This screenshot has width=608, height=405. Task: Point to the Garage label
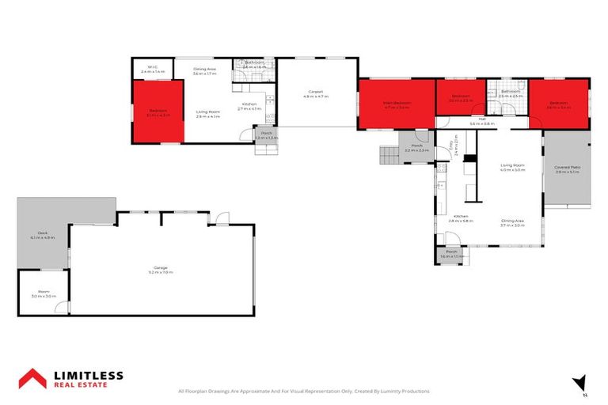(159, 270)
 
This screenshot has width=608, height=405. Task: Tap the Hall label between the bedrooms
(481, 122)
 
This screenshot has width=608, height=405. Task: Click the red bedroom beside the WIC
(157, 114)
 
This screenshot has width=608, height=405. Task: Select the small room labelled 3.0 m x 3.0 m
(41, 294)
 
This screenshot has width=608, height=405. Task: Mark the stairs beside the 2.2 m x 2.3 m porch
(389, 156)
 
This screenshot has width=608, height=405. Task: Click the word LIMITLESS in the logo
(88, 374)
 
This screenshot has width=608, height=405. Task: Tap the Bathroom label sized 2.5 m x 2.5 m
(511, 93)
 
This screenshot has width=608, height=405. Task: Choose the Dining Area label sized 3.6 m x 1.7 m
(205, 71)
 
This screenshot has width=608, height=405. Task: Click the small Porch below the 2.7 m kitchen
(267, 135)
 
